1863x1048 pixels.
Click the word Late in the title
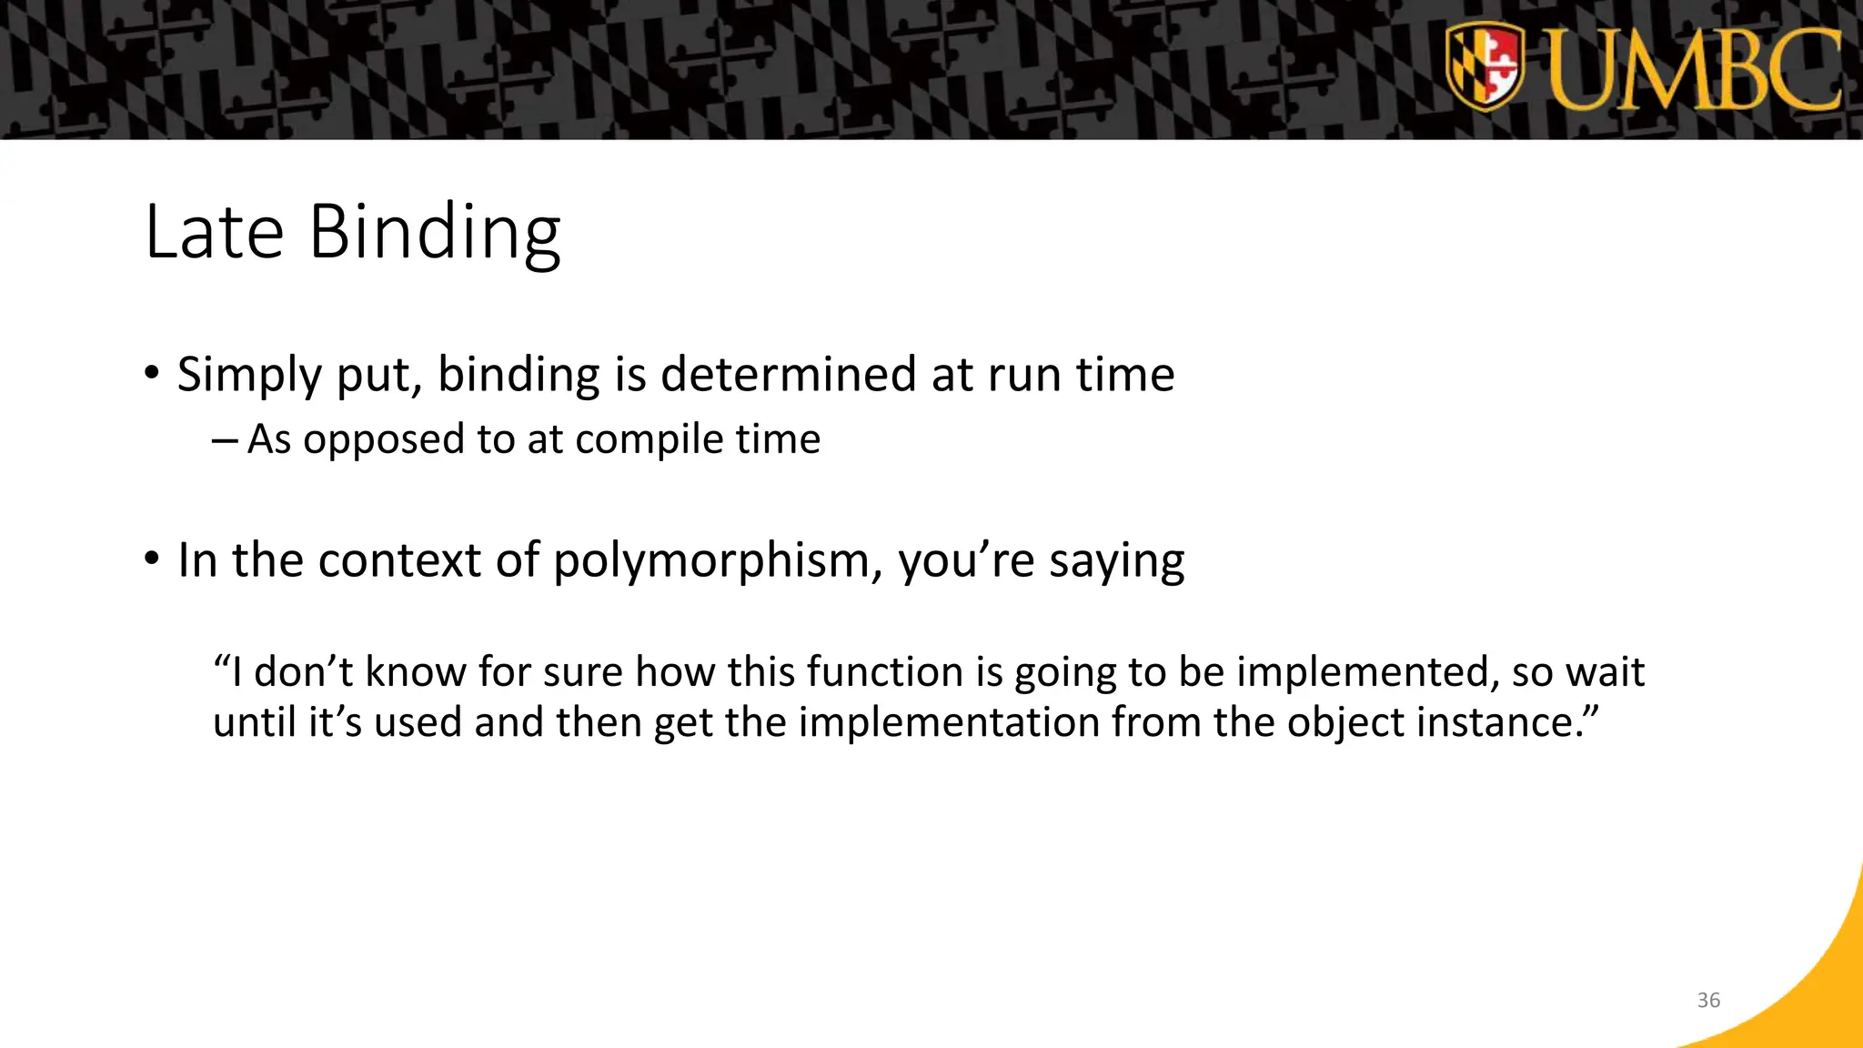coord(215,233)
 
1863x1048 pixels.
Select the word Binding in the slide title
coord(435,233)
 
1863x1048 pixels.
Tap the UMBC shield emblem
coord(1484,67)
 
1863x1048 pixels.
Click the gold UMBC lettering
coord(1694,71)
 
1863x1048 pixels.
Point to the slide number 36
coord(1708,1000)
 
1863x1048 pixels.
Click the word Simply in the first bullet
coord(249,375)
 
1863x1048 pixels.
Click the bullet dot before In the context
coord(152,557)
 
